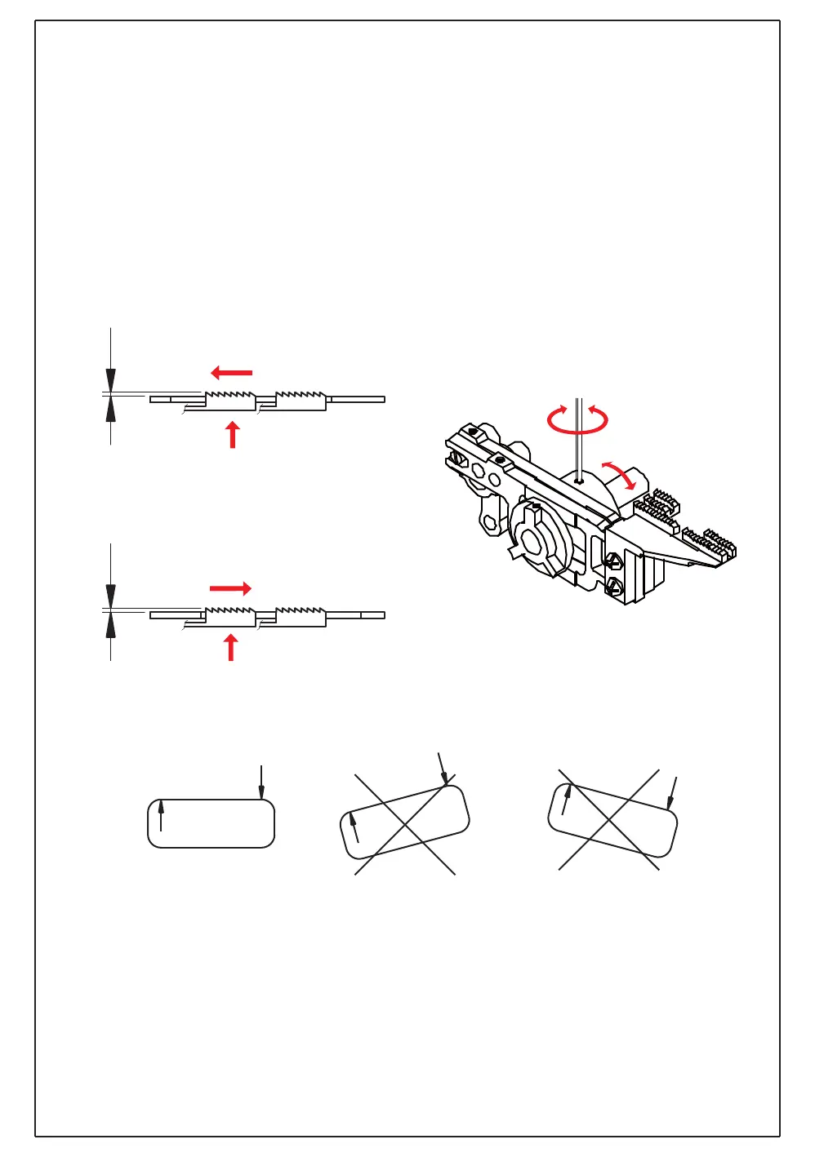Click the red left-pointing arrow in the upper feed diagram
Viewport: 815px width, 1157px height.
pyautogui.click(x=232, y=373)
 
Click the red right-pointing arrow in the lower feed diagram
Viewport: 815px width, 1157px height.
pyautogui.click(x=230, y=588)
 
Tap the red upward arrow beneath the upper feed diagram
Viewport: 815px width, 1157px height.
pyautogui.click(x=233, y=434)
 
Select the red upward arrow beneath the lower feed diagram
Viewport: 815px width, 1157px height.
pyautogui.click(x=231, y=648)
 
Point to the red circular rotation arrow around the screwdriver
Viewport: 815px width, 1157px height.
pyautogui.click(x=577, y=420)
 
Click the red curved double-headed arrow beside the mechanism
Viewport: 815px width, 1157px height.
pyautogui.click(x=619, y=475)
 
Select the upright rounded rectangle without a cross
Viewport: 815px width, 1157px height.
pyautogui.click(x=211, y=823)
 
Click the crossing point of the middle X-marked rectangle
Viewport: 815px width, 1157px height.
pyautogui.click(x=405, y=824)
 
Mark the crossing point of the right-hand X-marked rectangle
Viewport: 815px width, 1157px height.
pyautogui.click(x=609, y=819)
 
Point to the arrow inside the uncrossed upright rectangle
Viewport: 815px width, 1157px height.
pyautogui.click(x=162, y=815)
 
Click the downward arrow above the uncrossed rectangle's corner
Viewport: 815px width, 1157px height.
pyautogui.click(x=261, y=783)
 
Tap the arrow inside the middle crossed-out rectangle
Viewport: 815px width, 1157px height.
pyautogui.click(x=354, y=827)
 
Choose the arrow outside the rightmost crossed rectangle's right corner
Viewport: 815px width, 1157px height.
pyautogui.click(x=672, y=793)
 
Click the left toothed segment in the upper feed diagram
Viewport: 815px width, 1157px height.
pyautogui.click(x=229, y=399)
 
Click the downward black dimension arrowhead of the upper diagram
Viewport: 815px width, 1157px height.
pyautogui.click(x=111, y=380)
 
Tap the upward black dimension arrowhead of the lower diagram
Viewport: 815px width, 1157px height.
pyautogui.click(x=111, y=624)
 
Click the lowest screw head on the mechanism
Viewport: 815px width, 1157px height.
pyautogui.click(x=613, y=584)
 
